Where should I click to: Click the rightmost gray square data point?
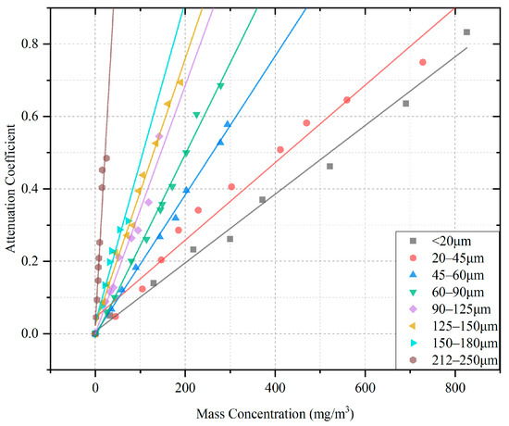(x=466, y=32)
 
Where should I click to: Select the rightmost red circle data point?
(x=423, y=62)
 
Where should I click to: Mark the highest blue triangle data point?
(x=227, y=124)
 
